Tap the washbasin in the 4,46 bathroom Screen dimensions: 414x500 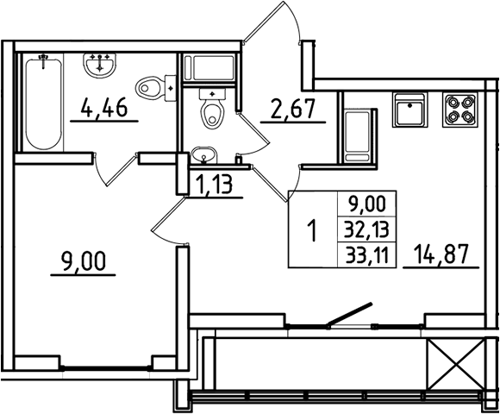(x=102, y=63)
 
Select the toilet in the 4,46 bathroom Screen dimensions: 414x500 (x=156, y=86)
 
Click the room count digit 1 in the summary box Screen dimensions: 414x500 (x=312, y=231)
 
